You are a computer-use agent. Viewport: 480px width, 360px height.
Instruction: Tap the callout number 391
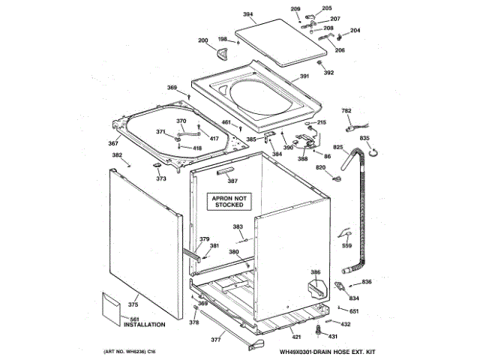(304, 76)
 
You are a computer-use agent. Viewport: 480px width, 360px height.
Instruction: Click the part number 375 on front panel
(133, 304)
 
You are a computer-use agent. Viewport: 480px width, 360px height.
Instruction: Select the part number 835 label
(364, 139)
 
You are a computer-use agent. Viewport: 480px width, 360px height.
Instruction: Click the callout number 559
(346, 245)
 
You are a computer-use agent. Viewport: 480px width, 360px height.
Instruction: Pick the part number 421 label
(296, 337)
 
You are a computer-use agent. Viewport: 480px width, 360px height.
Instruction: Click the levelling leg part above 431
(320, 328)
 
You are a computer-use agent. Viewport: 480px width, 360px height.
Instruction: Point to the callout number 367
(113, 143)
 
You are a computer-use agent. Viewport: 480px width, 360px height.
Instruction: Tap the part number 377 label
(216, 340)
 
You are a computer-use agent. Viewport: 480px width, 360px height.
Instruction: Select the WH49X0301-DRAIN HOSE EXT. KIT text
(328, 351)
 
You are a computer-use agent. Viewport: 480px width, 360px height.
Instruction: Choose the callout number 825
(338, 147)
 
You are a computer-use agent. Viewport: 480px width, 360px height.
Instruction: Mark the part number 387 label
(232, 181)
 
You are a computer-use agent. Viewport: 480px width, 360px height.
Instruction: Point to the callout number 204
(355, 31)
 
